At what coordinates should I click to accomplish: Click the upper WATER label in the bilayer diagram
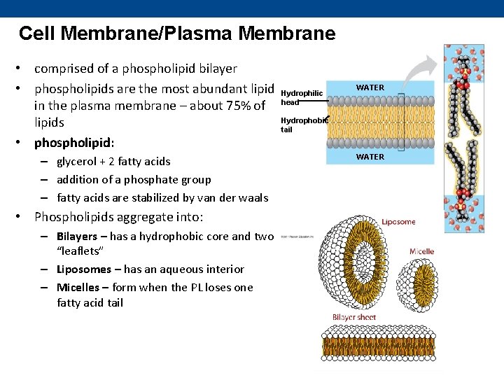pyautogui.click(x=370, y=87)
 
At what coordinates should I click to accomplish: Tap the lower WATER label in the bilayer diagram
pyautogui.click(x=370, y=157)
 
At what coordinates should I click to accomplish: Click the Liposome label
pyautogui.click(x=398, y=222)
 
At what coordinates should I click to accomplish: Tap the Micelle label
pyautogui.click(x=422, y=251)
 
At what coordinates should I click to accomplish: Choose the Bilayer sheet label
pyautogui.click(x=354, y=317)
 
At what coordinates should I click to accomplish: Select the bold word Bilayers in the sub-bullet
pyautogui.click(x=77, y=236)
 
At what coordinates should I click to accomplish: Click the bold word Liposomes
pyautogui.click(x=81, y=269)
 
